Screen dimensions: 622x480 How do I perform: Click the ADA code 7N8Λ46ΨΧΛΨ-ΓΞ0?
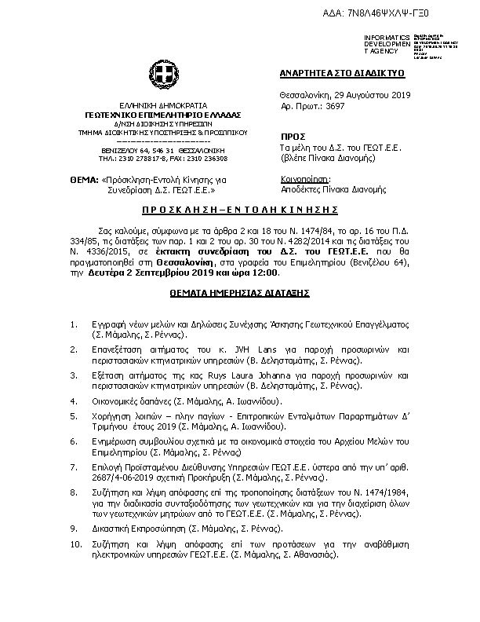point(410,14)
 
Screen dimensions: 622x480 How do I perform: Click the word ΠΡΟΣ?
point(292,136)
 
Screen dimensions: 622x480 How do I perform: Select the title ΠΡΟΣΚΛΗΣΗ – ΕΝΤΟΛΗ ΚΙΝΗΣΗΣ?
point(239,210)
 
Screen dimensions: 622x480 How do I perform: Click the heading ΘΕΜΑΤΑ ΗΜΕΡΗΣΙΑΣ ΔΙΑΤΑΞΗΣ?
point(239,291)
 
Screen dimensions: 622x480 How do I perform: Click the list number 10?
point(75,544)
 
